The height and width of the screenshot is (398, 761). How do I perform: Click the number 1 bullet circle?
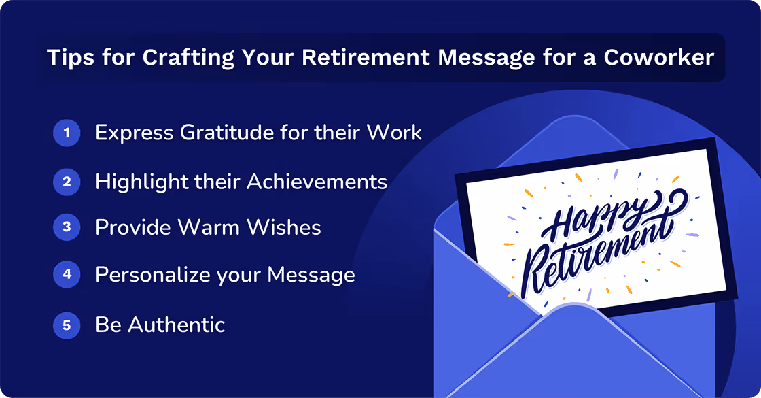coord(66,133)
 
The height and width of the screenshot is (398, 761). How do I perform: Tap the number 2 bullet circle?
coord(66,181)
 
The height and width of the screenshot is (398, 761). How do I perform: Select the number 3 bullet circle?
coord(66,227)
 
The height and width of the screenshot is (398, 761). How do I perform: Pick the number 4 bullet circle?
coord(66,275)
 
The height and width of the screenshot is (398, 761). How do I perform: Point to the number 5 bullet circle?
coord(66,325)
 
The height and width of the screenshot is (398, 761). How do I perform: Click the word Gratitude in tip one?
coord(223,133)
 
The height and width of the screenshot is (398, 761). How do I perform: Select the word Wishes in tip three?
coord(286,227)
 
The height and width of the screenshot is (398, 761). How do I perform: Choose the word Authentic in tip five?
coord(177,325)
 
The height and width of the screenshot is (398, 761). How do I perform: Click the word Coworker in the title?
coord(658,58)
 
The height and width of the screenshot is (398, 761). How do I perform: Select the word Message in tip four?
coord(311,276)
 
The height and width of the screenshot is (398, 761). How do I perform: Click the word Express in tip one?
coord(133,133)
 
